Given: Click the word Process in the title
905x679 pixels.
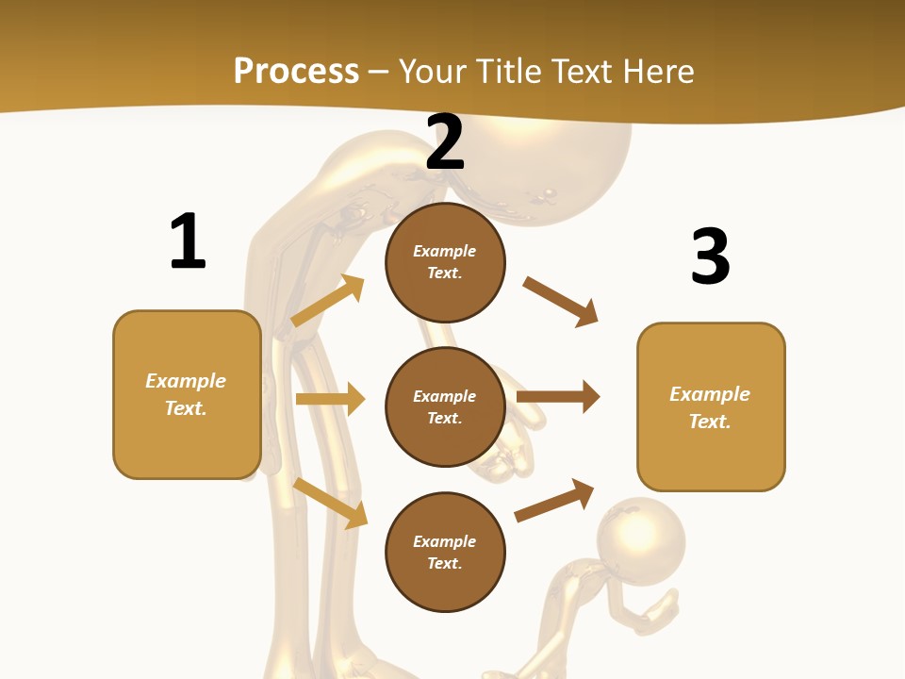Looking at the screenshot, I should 296,71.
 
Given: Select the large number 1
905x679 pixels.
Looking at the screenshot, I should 188,241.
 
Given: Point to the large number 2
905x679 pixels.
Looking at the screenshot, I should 445,142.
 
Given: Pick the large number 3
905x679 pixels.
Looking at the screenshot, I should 710,257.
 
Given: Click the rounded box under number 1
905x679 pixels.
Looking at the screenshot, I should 187,394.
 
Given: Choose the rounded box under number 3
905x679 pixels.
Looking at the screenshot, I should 711,406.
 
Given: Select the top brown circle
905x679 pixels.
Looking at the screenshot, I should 445,262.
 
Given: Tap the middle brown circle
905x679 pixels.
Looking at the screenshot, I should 445,406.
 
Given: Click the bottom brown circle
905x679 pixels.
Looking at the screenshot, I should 445,552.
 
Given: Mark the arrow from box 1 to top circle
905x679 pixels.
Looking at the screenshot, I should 328,301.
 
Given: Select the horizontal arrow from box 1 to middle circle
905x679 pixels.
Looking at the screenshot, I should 330,399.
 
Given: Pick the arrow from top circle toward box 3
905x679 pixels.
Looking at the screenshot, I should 560,301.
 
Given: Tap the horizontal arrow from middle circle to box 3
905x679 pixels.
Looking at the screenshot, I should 558,396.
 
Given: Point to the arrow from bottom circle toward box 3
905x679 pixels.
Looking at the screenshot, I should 554,501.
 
